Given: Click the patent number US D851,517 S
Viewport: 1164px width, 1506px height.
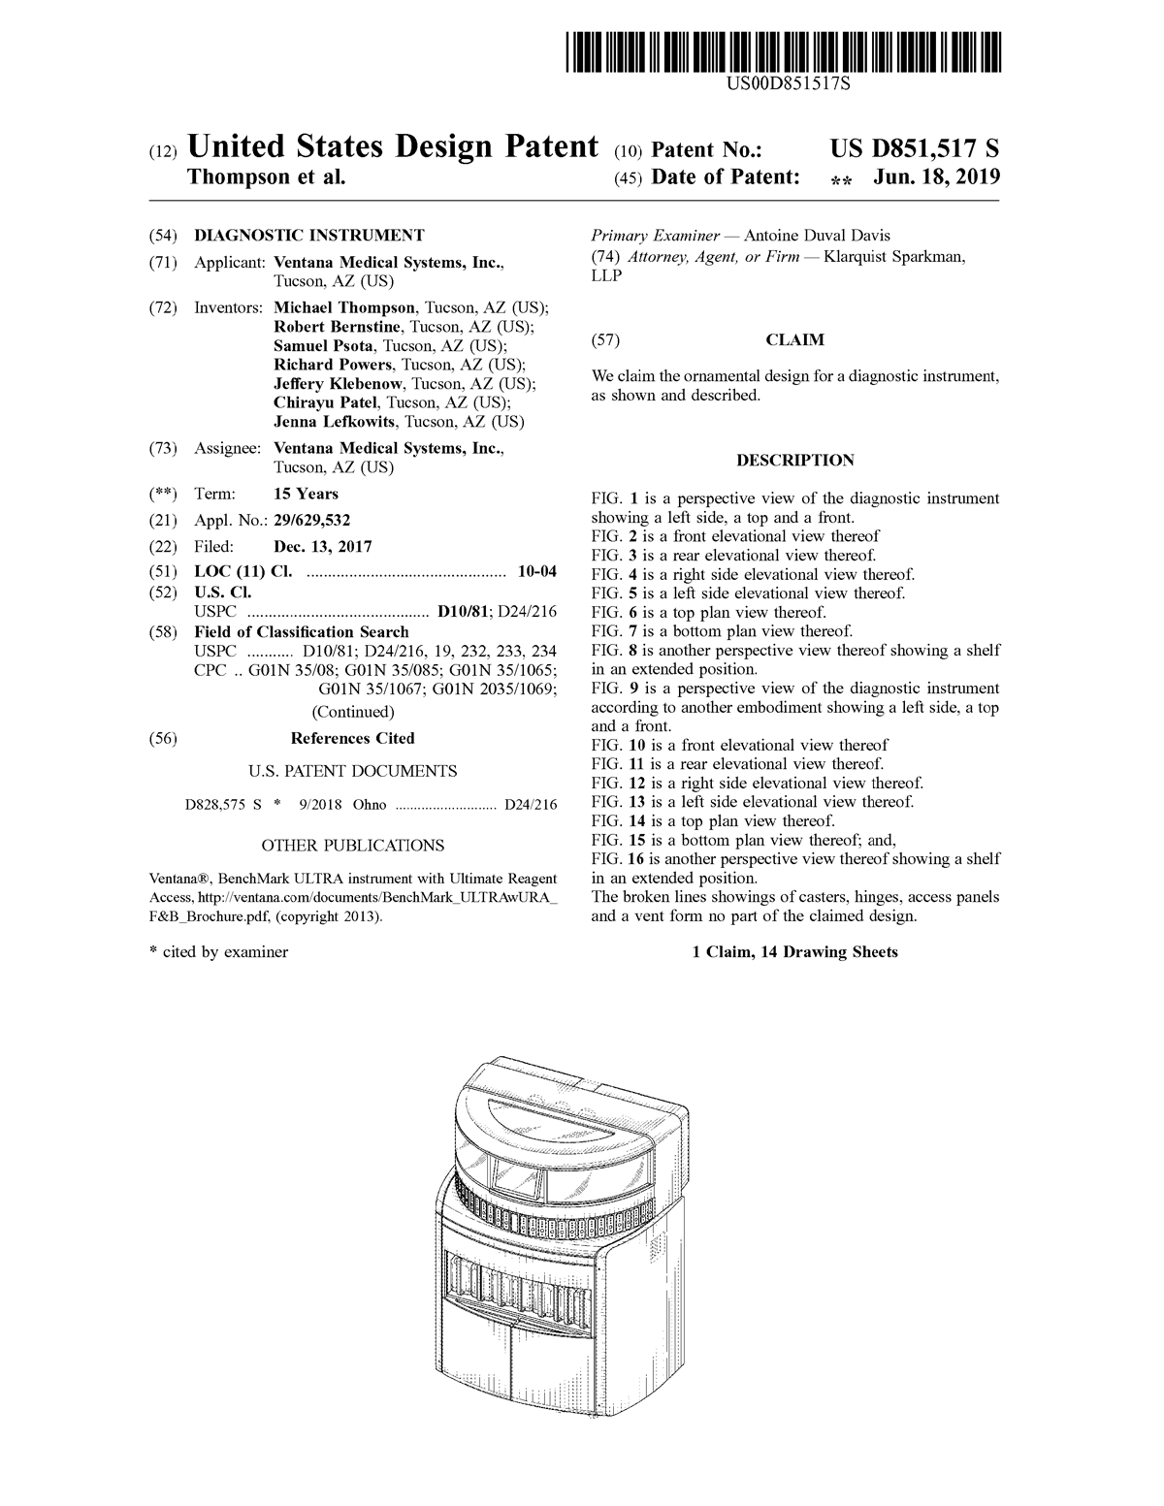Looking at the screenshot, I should click(914, 148).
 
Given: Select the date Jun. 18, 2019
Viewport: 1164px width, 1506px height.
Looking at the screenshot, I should click(936, 177).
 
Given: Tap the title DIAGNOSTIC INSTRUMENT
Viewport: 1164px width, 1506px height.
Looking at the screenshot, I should click(309, 235).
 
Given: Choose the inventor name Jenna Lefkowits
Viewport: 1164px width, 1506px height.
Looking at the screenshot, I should click(336, 421).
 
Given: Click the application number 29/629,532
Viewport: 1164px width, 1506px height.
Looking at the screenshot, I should click(312, 520).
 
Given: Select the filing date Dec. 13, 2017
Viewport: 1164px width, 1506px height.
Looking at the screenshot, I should click(322, 547).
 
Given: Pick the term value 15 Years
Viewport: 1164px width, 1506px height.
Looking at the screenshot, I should click(306, 494).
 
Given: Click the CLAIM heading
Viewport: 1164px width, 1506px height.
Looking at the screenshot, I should click(795, 340).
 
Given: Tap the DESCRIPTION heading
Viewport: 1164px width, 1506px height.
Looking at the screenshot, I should click(795, 460).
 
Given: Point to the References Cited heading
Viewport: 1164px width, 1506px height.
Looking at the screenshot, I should click(352, 738).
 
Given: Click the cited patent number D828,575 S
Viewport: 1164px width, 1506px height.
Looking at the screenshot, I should click(223, 804).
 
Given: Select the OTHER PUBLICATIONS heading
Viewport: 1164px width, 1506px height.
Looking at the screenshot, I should click(352, 846).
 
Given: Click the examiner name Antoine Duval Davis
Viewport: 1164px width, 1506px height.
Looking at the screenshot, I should click(816, 236).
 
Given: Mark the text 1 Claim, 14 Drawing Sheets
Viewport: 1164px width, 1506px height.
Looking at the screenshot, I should click(795, 952).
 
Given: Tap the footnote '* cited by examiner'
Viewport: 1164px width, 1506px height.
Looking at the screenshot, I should click(218, 952).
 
